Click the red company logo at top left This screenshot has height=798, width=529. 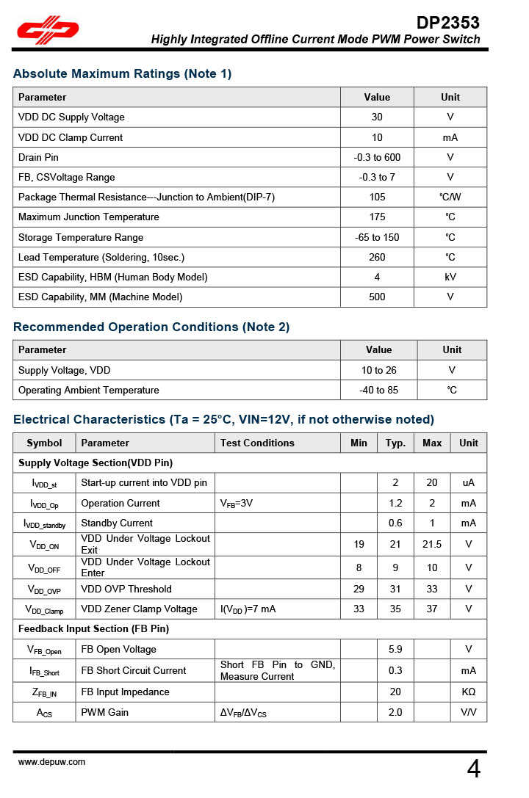[x=48, y=30]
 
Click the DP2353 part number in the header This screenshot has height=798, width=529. [x=447, y=23]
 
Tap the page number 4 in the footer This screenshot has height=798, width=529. [x=474, y=769]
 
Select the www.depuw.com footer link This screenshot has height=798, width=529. [x=51, y=762]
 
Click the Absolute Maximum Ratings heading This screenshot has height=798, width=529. [x=122, y=73]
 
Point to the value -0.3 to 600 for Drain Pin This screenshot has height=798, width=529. [x=377, y=157]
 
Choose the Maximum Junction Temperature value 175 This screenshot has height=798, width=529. [x=377, y=217]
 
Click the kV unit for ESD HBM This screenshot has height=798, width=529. [x=450, y=277]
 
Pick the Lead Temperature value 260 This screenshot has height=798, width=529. [x=377, y=257]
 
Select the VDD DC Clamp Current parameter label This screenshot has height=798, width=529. [x=71, y=137]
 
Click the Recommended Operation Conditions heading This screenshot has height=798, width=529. [x=151, y=327]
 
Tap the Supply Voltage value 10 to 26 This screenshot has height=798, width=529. [x=378, y=370]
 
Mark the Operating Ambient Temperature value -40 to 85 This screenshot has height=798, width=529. [x=378, y=390]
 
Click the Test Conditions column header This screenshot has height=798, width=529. [x=257, y=443]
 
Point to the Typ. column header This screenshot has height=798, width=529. [x=396, y=443]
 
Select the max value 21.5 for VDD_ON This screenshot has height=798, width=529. [x=432, y=544]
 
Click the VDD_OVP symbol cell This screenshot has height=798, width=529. [x=44, y=590]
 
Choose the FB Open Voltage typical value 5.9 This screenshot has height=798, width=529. [x=395, y=649]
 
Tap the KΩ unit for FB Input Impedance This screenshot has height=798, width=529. [x=469, y=692]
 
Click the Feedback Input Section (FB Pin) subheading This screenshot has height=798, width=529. [x=93, y=629]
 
